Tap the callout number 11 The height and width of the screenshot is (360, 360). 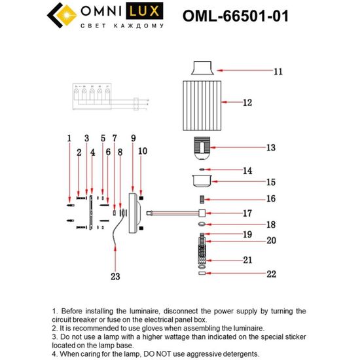pyautogui.click(x=278, y=71)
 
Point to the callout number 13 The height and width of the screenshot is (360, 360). pyautogui.click(x=272, y=149)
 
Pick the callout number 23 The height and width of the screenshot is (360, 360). pyautogui.click(x=115, y=276)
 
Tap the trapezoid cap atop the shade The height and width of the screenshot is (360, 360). pyautogui.click(x=202, y=68)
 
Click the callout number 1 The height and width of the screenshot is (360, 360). pyautogui.click(x=68, y=138)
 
